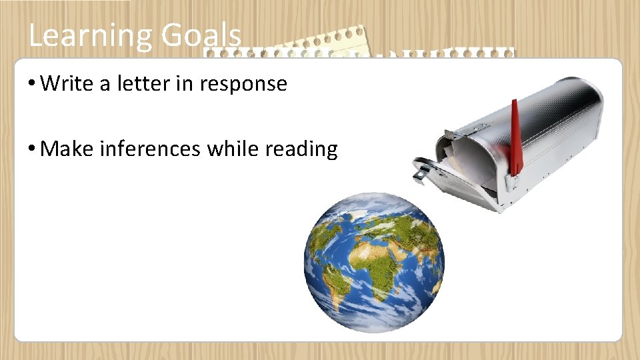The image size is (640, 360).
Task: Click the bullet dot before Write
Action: click(x=31, y=85)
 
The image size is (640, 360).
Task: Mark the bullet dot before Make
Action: click(x=31, y=149)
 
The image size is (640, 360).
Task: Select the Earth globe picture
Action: click(x=374, y=261)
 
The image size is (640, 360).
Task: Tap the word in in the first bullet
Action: click(x=187, y=84)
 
